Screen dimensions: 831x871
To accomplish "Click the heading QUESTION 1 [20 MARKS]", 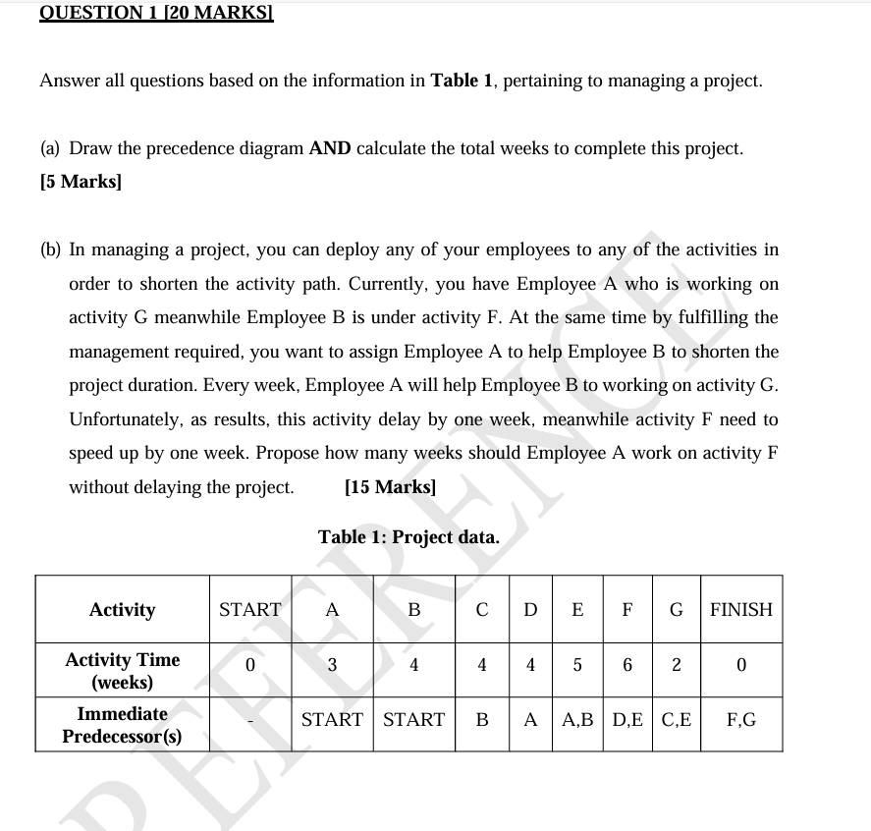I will pos(141,13).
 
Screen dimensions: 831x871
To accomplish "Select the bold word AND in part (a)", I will pos(330,148).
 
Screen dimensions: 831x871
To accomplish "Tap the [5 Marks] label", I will pos(81,182).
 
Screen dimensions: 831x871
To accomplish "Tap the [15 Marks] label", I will pos(391,487).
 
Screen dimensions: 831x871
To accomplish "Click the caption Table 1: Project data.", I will pos(408,537).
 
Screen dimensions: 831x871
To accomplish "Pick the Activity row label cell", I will pos(122,610).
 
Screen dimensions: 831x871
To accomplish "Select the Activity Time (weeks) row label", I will pos(122,670).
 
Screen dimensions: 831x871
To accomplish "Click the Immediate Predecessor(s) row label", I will pos(122,725).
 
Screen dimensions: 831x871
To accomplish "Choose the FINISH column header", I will pos(741,610).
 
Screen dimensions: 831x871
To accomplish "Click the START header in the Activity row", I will pos(249,610).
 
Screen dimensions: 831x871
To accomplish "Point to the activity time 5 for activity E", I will pos(577,665).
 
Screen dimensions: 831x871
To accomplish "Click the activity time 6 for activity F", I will pos(626,665).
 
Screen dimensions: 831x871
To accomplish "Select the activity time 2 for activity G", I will pos(676,665).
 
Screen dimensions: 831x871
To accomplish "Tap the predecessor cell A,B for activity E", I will pos(578,720).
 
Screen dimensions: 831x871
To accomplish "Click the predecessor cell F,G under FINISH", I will pos(741,720).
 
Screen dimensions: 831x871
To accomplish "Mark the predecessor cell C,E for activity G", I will pos(676,720).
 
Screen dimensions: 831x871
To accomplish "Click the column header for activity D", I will pos(530,610).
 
